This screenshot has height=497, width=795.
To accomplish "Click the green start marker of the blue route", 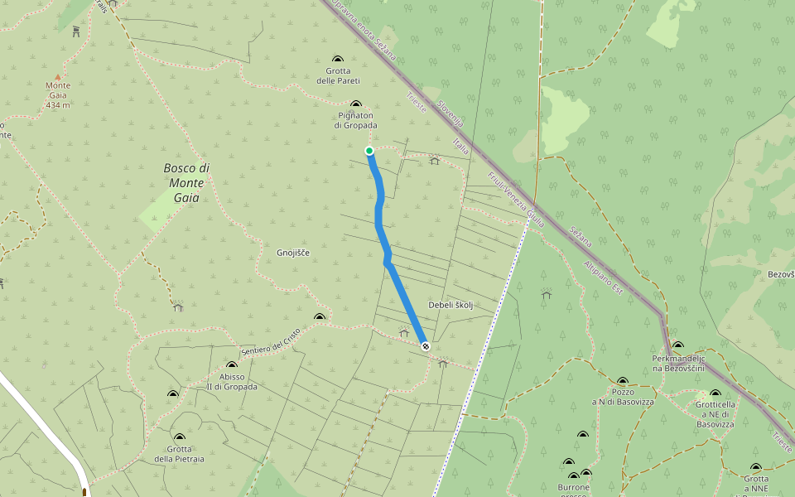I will [x=369, y=150].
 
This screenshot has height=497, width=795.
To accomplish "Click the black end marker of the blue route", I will [x=426, y=346].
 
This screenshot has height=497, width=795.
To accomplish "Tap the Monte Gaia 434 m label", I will [x=58, y=95].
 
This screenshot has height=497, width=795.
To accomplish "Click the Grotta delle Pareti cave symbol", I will [x=338, y=59].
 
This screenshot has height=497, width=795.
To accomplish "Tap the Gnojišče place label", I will [x=293, y=252].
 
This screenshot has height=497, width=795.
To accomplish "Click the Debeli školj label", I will [x=450, y=305].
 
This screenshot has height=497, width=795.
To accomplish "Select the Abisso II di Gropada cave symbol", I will [x=231, y=365].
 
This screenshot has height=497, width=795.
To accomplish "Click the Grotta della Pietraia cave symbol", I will [x=180, y=437].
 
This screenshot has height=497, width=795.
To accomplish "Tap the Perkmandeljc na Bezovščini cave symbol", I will [x=678, y=345].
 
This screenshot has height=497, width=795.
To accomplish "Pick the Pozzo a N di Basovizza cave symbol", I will [x=623, y=381].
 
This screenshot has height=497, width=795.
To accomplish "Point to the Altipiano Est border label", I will [x=603, y=279].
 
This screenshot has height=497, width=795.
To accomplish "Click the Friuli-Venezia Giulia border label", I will [x=516, y=200].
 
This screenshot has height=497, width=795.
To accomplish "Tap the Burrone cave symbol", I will [x=573, y=476].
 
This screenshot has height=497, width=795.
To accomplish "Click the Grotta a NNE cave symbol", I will [x=755, y=468].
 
